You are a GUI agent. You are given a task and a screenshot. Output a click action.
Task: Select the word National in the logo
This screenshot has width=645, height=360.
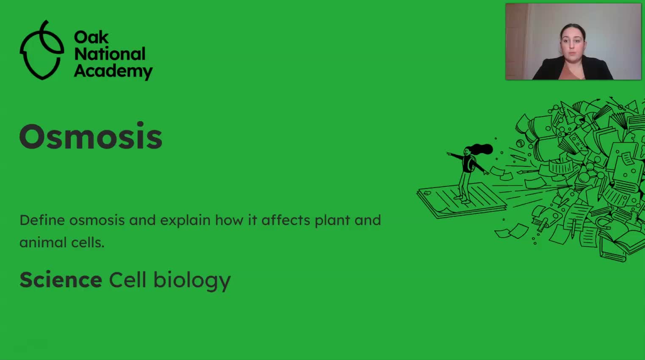[x=110, y=54]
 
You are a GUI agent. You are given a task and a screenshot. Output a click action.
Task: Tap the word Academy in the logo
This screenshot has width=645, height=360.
[x=113, y=71]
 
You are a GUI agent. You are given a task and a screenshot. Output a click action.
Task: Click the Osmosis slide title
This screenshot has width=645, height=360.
[x=91, y=136]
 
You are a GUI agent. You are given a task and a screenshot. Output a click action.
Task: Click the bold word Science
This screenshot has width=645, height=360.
[x=61, y=280]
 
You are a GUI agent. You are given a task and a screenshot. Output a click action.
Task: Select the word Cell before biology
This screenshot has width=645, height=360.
[x=127, y=280]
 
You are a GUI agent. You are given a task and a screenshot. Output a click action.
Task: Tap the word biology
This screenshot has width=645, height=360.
[x=192, y=281]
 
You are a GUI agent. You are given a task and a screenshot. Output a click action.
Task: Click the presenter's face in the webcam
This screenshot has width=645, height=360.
[x=573, y=44]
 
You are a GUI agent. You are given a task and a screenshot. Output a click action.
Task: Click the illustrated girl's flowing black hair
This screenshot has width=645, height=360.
[x=481, y=150]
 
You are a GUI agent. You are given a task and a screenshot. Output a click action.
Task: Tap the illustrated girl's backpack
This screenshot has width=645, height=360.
[x=471, y=164]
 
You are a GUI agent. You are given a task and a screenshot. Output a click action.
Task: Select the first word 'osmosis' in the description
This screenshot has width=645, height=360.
[x=97, y=221]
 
